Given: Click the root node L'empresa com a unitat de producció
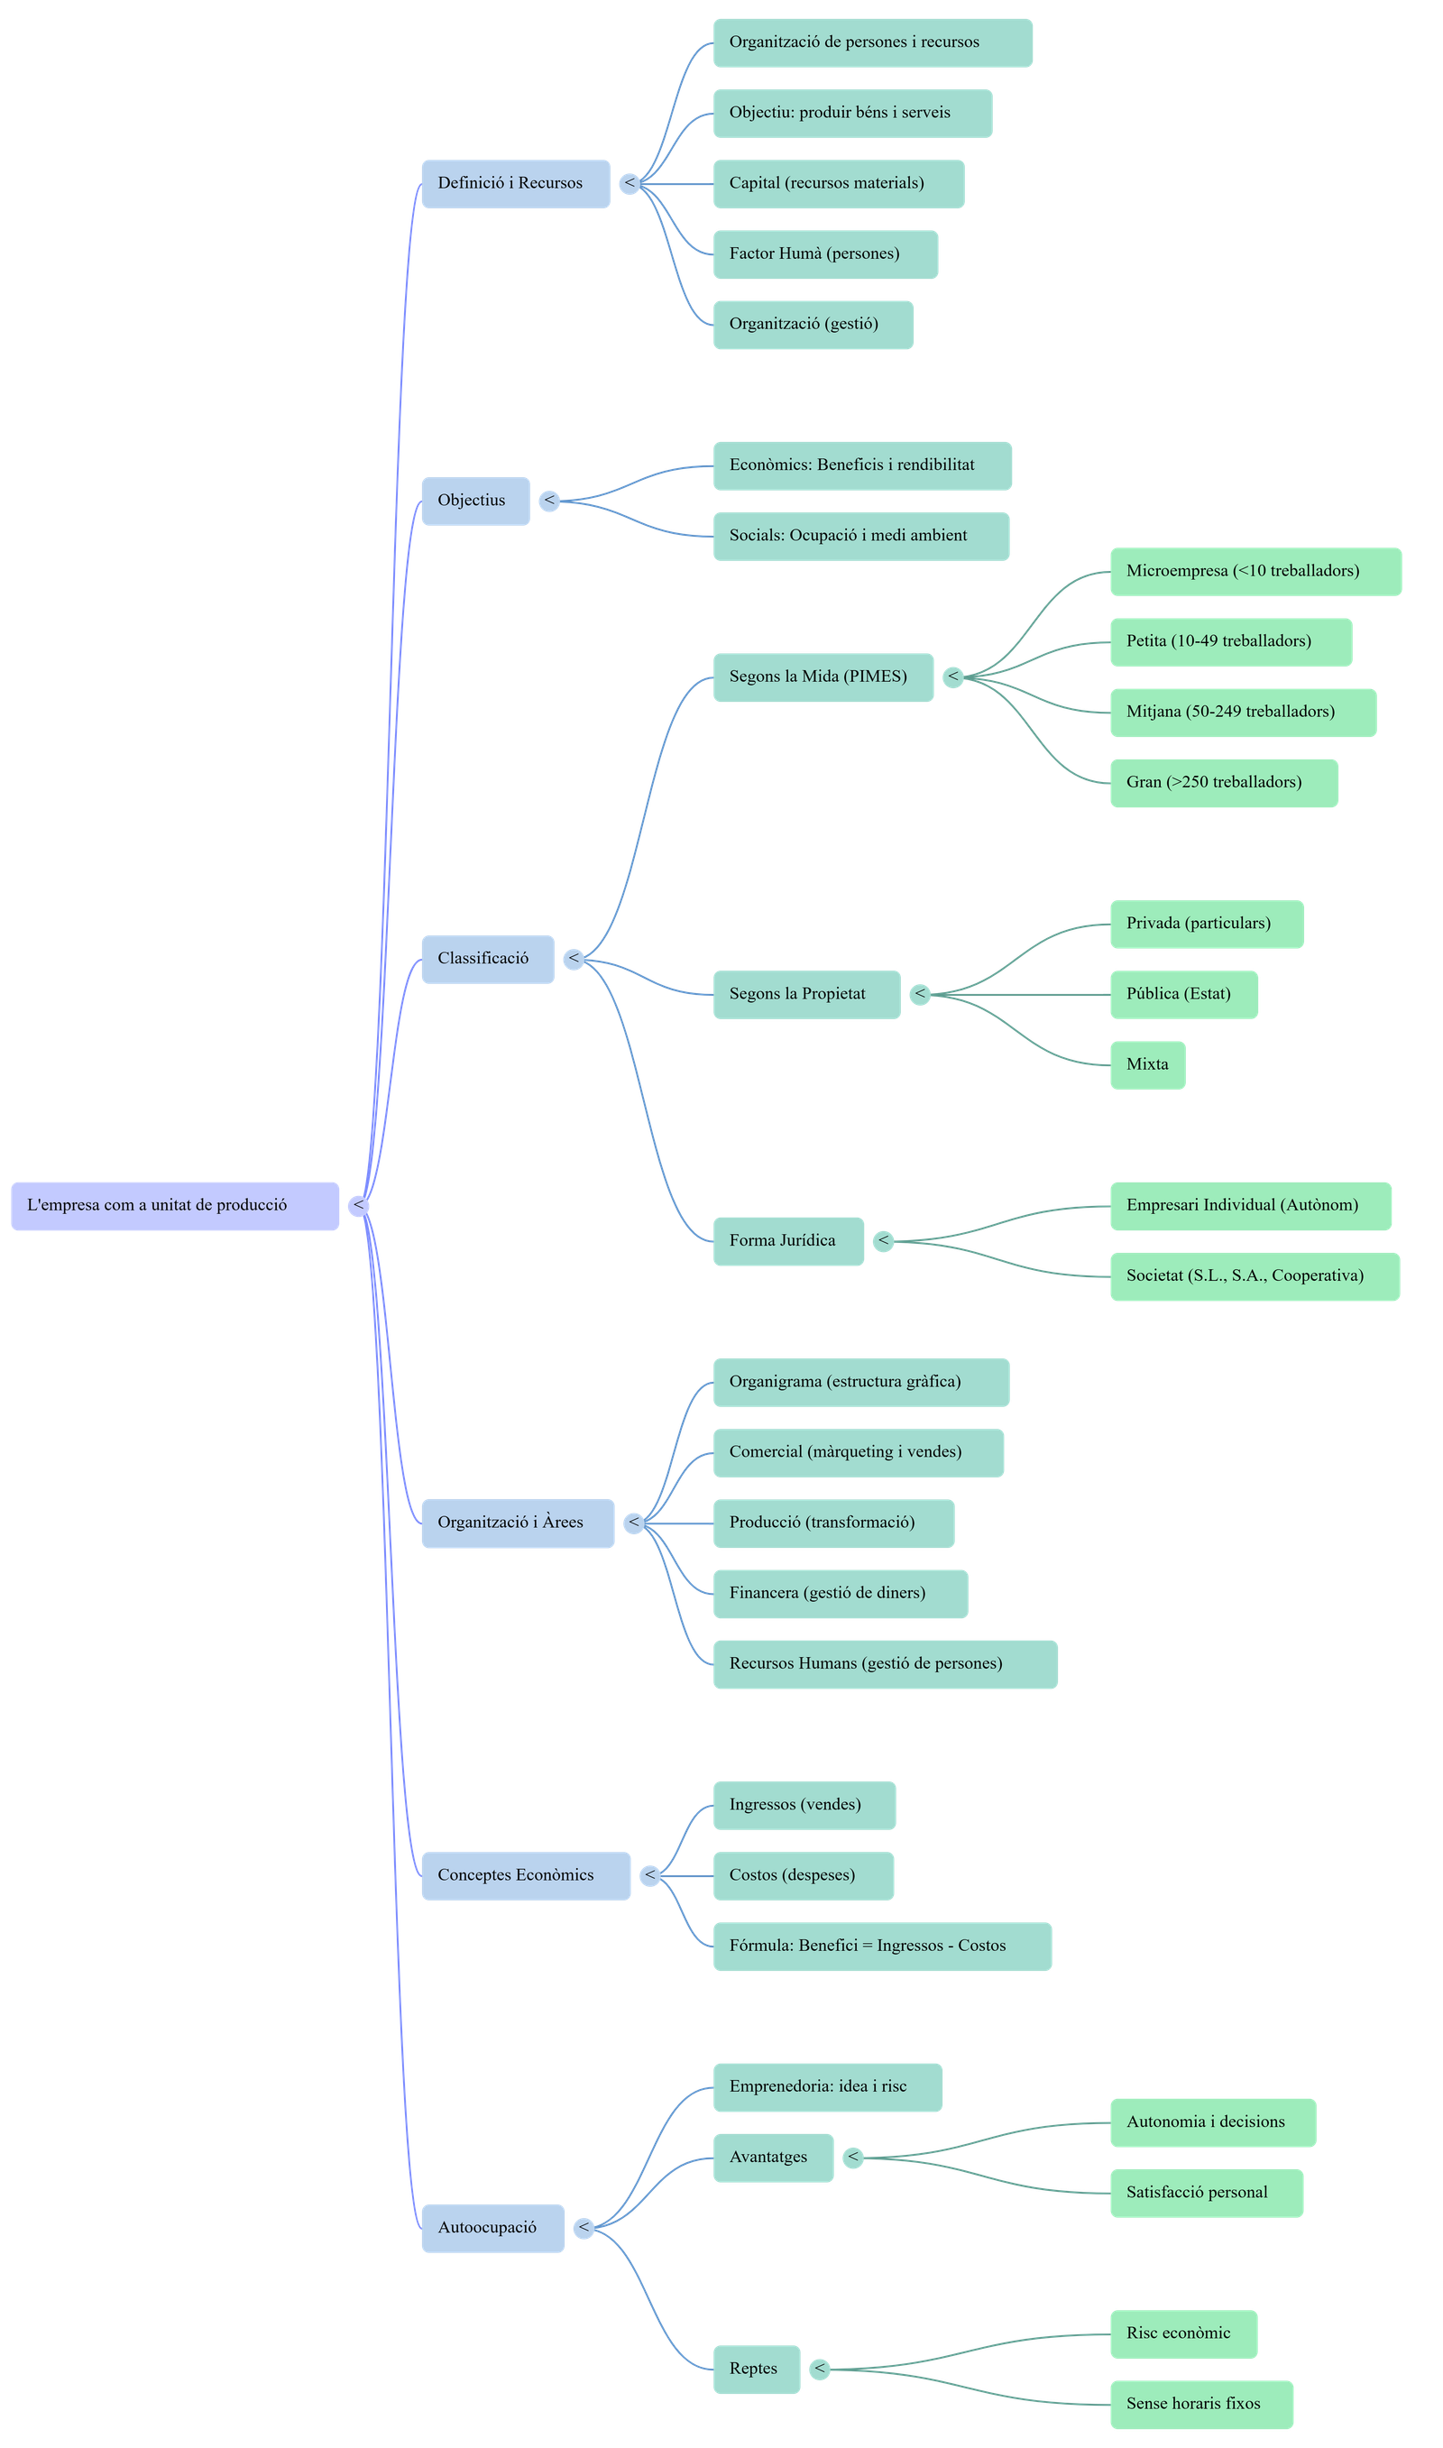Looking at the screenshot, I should pos(175,1206).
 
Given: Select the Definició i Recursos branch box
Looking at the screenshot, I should pos(515,184).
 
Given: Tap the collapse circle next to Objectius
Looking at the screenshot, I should pos(549,501).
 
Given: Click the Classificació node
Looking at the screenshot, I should pos(487,959).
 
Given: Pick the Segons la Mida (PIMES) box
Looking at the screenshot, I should pos(823,676).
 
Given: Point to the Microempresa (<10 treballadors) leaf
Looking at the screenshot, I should pos(1255,571).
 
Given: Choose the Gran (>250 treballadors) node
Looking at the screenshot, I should pos(1223,783).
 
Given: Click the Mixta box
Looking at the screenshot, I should pos(1147,1064).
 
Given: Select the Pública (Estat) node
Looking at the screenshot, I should pos(1183,994).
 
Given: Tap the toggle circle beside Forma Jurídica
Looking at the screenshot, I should pos(883,1240).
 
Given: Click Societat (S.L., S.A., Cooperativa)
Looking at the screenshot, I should pos(1255,1275).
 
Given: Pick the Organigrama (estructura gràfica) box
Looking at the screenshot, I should pos(860,1382).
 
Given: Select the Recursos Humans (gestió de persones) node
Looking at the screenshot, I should pos(885,1663).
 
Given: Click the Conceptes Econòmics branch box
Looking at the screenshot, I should pos(525,1875).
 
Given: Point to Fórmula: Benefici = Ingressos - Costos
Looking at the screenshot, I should pos(882,1946).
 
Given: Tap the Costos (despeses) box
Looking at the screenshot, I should pos(804,1875).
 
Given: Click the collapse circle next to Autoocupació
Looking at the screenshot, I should pos(584,2227).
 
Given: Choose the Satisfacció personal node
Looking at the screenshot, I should pos(1206,2193).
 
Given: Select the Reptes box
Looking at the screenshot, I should pos(757,2369).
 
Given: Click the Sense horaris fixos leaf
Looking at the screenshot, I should pos(1201,2403).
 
